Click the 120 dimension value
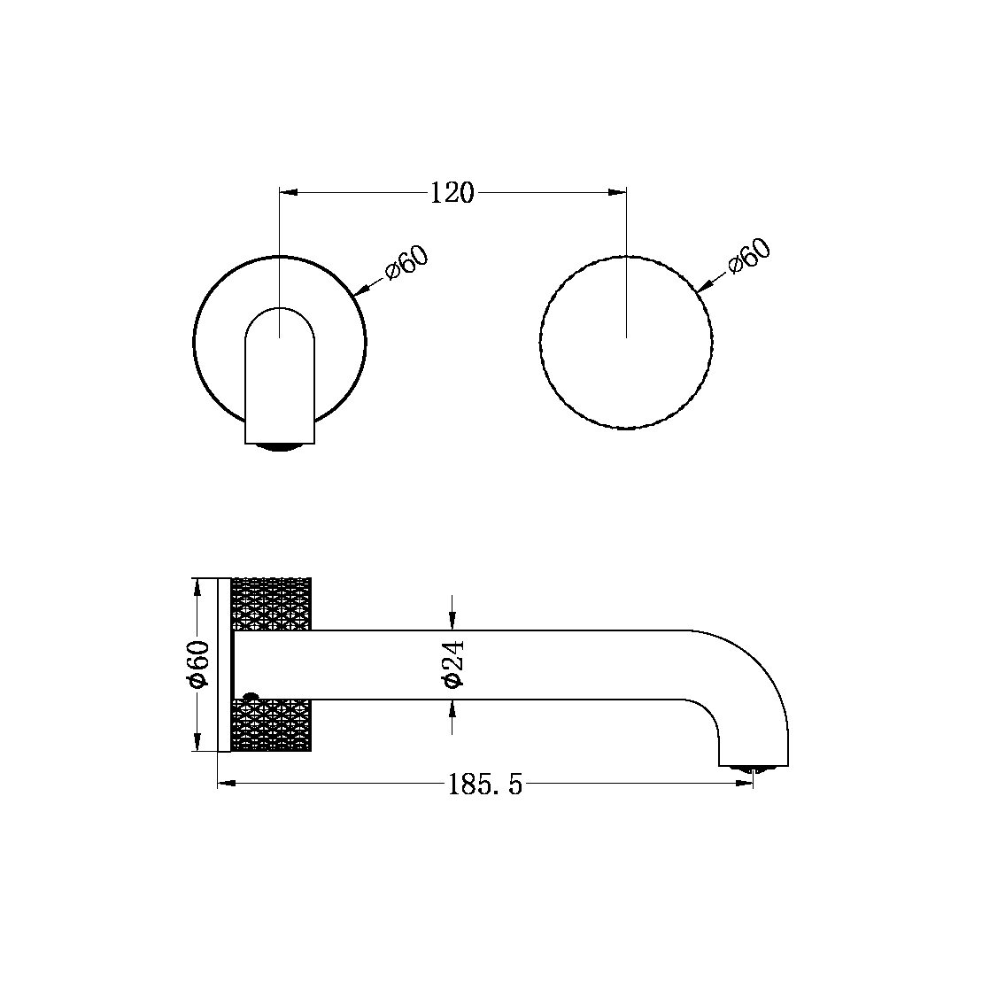point(452,192)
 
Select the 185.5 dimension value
point(485,785)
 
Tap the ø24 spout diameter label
point(452,664)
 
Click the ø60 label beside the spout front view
point(406,262)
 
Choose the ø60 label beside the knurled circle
point(749,257)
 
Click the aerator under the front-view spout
point(280,447)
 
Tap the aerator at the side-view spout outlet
point(753,769)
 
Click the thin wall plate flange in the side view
point(223,664)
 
